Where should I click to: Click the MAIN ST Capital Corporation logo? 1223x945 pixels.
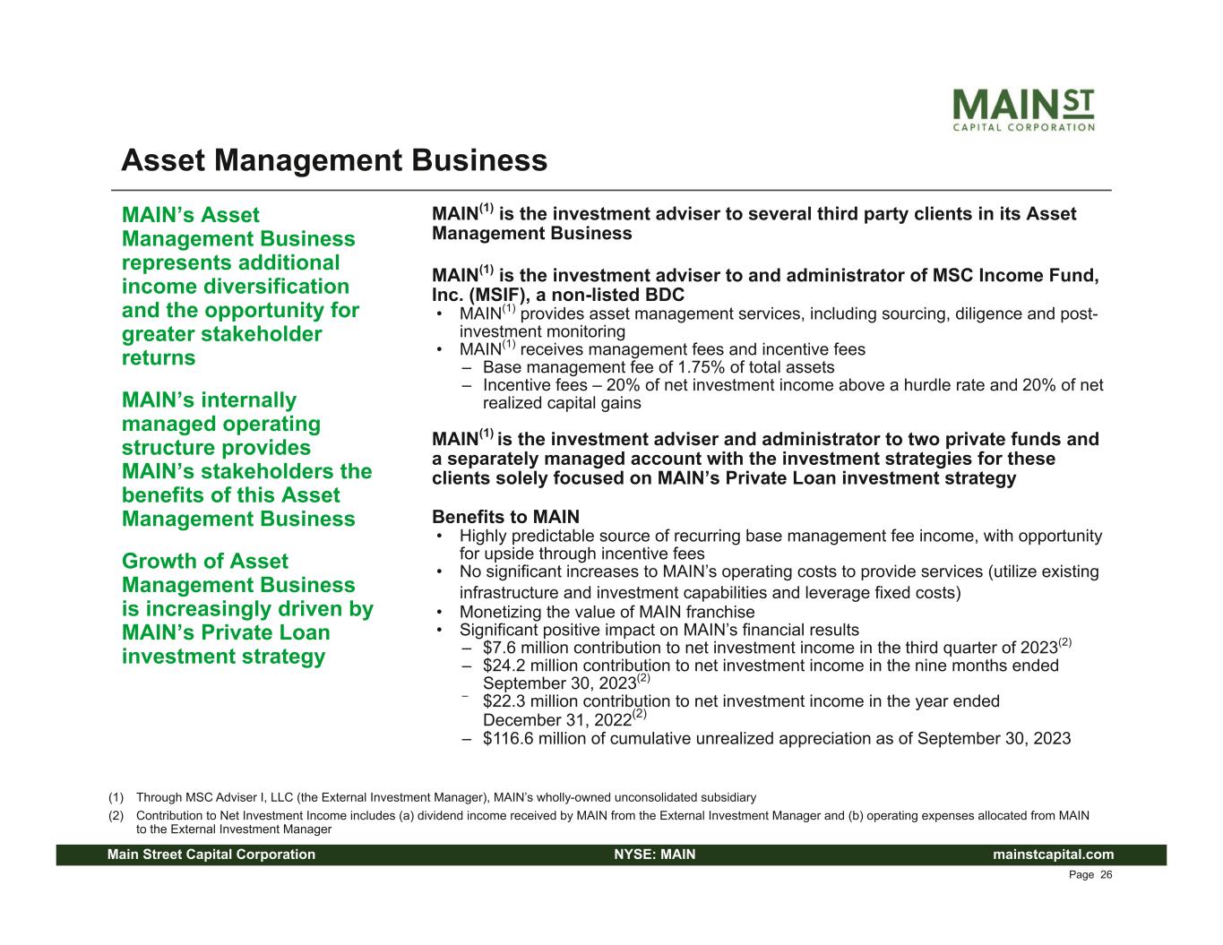tap(1023, 109)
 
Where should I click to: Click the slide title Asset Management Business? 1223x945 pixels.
tap(334, 160)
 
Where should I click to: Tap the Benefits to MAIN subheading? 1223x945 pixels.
tap(505, 517)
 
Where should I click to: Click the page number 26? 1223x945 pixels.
tap(1106, 875)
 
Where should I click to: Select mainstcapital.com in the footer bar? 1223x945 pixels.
tap(1053, 855)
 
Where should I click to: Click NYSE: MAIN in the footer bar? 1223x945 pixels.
tap(655, 855)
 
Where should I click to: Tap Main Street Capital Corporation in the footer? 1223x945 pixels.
tap(211, 855)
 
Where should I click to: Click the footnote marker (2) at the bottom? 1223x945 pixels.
tap(116, 816)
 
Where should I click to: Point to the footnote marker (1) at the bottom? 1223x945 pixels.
tap(116, 797)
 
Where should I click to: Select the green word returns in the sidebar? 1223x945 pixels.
tap(159, 357)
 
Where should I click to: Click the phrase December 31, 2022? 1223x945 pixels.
tap(557, 720)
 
